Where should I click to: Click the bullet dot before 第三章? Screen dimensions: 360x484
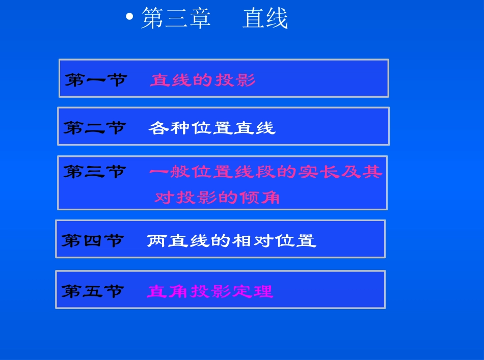pos(129,17)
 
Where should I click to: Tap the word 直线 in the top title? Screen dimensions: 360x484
pos(265,19)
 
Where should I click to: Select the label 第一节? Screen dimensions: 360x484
pos(96,80)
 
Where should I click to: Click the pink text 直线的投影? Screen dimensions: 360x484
pos(203,80)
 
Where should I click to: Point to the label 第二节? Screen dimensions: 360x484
pos(95,128)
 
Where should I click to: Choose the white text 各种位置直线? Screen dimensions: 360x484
pos(212,128)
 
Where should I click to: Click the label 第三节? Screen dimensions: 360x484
pos(95,172)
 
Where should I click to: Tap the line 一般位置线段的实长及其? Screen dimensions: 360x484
pos(265,172)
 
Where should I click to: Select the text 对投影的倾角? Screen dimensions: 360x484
pos(217,197)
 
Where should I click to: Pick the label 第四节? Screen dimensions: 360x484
pos(93,240)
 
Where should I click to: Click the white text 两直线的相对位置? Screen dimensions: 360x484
pos(231,240)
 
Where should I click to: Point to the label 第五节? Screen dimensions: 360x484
pos(93,291)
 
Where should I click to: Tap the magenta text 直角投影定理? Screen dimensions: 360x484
pos(210,291)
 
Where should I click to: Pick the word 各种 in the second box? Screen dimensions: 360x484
pos(169,128)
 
